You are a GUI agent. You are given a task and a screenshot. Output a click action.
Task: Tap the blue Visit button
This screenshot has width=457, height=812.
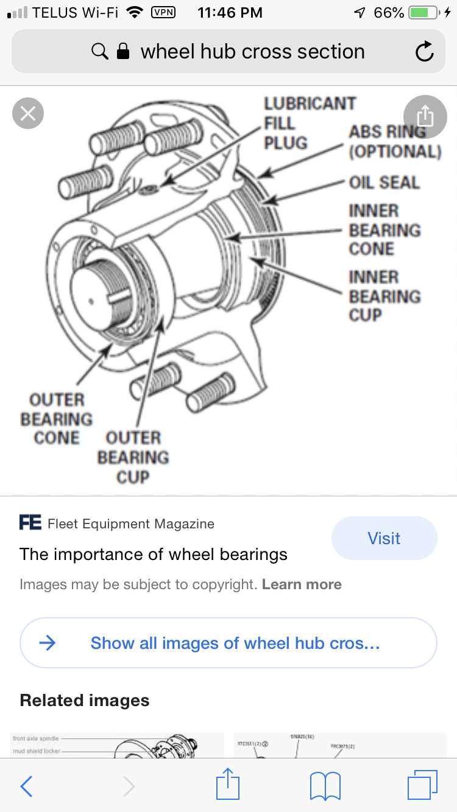(384, 538)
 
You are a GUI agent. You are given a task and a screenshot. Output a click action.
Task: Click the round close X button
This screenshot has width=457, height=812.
(28, 113)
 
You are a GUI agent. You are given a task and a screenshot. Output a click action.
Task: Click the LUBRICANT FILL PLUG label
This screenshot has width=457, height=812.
(309, 123)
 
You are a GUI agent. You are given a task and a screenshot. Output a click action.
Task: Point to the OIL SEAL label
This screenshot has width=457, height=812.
(384, 182)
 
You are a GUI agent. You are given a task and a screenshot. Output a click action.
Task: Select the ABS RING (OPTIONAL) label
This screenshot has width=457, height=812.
(395, 141)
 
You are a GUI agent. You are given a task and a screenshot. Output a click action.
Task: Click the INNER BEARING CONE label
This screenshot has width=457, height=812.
(384, 230)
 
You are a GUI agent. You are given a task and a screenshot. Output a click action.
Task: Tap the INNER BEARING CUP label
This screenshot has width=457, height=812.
(384, 296)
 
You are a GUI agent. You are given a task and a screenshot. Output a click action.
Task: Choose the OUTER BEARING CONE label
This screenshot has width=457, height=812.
(56, 419)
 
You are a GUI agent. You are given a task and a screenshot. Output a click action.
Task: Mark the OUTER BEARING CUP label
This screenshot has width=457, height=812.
(133, 457)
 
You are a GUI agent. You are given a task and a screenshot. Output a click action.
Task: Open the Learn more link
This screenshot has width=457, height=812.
(302, 584)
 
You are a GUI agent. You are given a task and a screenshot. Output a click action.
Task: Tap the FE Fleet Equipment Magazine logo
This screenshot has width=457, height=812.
(30, 523)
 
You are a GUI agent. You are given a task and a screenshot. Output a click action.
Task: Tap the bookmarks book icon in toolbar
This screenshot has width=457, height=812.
(325, 786)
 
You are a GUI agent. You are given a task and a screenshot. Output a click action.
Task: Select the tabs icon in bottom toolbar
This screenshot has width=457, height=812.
(422, 785)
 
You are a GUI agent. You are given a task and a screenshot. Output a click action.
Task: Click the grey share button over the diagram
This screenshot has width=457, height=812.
(425, 116)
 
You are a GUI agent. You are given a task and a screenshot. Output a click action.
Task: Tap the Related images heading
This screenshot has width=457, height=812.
(85, 700)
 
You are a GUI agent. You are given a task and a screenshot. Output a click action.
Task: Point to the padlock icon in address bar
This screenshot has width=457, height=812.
(123, 52)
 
